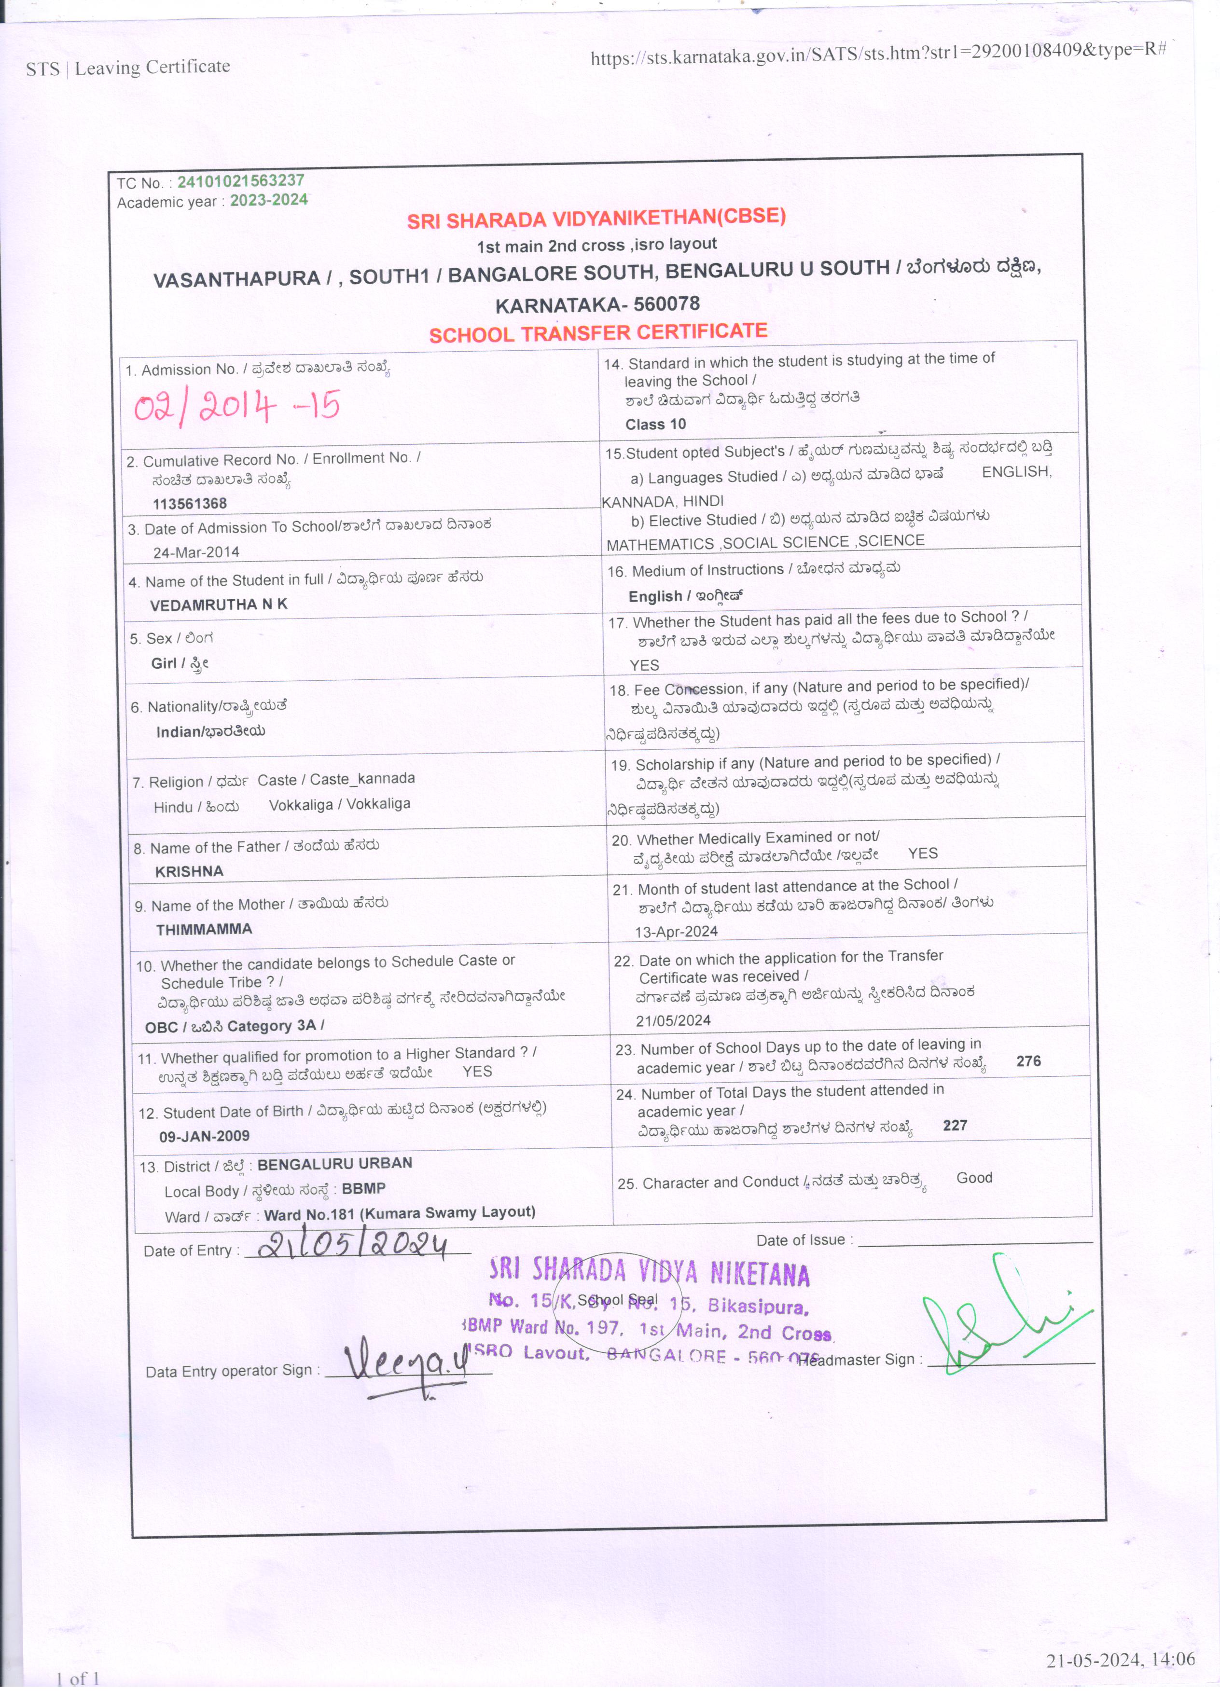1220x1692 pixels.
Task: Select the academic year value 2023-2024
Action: (x=269, y=200)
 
